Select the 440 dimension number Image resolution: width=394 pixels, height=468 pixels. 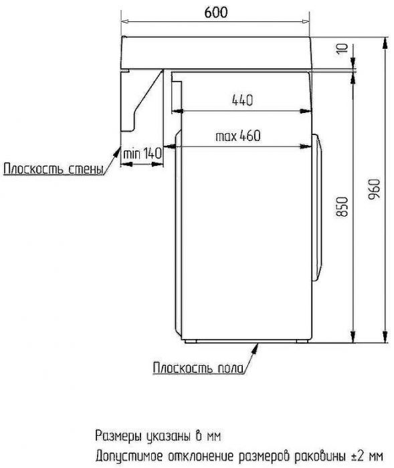click(241, 101)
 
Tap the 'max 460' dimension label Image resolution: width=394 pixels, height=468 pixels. click(237, 136)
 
